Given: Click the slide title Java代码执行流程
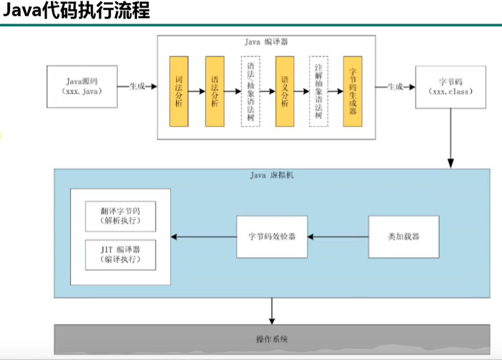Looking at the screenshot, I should pyautogui.click(x=76, y=11).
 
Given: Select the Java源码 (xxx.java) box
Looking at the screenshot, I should pyautogui.click(x=82, y=87).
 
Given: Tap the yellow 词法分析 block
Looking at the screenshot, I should pyautogui.click(x=179, y=92).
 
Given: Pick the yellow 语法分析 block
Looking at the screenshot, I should pyautogui.click(x=215, y=92).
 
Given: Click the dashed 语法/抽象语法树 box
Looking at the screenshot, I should pyautogui.click(x=251, y=92).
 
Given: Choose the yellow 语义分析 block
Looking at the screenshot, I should pyautogui.click(x=285, y=92).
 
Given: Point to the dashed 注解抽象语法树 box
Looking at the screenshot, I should pyautogui.click(x=319, y=92).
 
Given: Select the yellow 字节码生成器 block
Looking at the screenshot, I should pyautogui.click(x=352, y=92).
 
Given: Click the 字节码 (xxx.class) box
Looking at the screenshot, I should pyautogui.click(x=451, y=87).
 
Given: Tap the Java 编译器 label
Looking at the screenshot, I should pyautogui.click(x=266, y=42).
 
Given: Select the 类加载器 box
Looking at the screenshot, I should pyautogui.click(x=403, y=237).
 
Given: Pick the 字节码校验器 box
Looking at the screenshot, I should pyautogui.click(x=272, y=237).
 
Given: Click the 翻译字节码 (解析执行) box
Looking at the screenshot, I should pyautogui.click(x=120, y=216).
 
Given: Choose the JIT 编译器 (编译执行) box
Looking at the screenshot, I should pyautogui.click(x=120, y=255).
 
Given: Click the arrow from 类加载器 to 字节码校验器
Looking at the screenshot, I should pyautogui.click(x=338, y=237).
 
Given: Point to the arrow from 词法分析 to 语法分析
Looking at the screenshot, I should pyautogui.click(x=197, y=92).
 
